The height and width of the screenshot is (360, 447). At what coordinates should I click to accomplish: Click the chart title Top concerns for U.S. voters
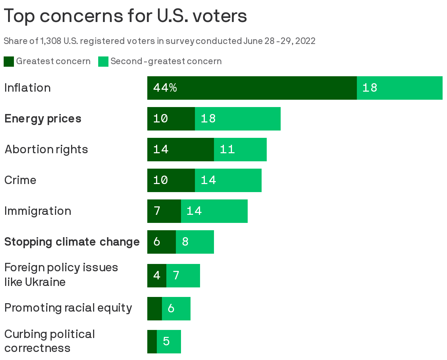click(x=125, y=16)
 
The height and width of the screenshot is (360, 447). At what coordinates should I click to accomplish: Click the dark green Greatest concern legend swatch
click(x=9, y=62)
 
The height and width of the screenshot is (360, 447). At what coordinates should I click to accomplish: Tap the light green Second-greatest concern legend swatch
click(x=103, y=62)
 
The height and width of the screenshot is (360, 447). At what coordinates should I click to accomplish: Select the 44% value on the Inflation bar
click(x=165, y=88)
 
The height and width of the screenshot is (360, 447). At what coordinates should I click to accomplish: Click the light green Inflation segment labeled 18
click(x=399, y=88)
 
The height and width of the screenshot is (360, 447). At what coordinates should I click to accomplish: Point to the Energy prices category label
click(x=43, y=119)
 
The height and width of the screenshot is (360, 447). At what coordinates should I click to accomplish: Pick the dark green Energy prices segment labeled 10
click(x=171, y=119)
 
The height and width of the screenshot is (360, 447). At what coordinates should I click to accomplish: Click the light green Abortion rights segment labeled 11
click(x=240, y=150)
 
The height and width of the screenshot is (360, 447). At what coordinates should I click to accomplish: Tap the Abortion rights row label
click(x=46, y=150)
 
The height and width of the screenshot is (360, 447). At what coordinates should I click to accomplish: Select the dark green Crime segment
click(x=171, y=180)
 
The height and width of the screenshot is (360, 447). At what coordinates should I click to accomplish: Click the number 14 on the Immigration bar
click(x=194, y=211)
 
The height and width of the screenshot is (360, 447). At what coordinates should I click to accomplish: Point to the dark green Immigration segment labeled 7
click(x=164, y=211)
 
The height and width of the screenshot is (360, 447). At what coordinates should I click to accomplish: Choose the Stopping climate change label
click(x=72, y=242)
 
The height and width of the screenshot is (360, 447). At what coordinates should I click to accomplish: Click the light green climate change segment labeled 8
click(x=195, y=242)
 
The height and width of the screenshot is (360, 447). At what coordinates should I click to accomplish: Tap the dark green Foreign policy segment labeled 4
click(x=157, y=275)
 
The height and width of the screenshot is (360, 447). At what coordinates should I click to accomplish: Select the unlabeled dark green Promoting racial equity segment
click(x=154, y=309)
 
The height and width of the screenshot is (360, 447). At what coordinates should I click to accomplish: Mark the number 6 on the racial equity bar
click(x=171, y=309)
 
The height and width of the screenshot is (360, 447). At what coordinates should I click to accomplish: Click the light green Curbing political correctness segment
click(x=169, y=342)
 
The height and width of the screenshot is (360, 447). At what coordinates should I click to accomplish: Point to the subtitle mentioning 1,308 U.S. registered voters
click(x=159, y=41)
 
